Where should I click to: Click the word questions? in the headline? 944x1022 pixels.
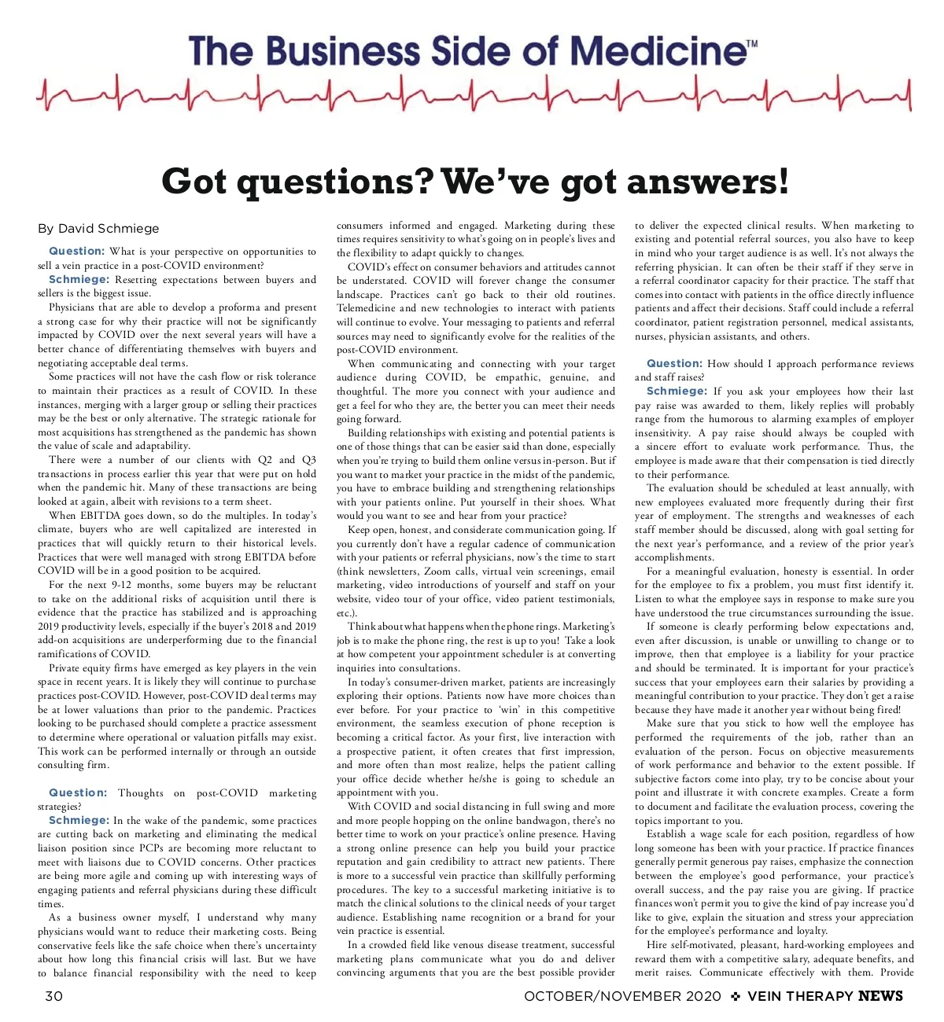(x=336, y=182)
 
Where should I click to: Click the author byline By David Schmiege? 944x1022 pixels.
(x=98, y=229)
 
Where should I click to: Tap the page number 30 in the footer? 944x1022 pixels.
(x=53, y=996)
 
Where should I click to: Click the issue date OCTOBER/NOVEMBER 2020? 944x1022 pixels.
(x=622, y=996)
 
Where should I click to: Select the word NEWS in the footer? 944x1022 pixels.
(x=880, y=996)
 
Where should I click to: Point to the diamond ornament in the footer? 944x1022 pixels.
(x=736, y=996)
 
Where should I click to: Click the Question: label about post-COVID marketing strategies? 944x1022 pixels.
(x=78, y=792)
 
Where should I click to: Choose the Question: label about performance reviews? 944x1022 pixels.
(x=674, y=363)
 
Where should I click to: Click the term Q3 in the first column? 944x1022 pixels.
(x=308, y=460)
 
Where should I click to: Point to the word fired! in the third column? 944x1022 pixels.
(x=884, y=709)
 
